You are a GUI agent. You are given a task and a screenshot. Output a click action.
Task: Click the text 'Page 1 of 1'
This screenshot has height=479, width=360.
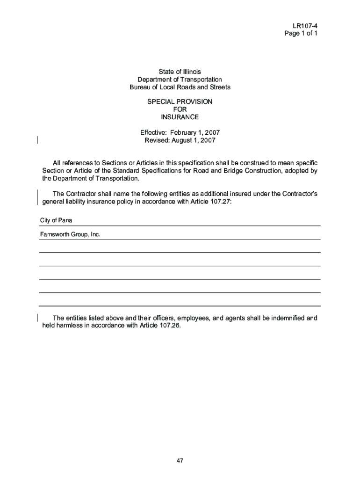pyautogui.click(x=302, y=33)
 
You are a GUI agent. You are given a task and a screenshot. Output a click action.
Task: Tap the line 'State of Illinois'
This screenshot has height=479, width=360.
pyautogui.click(x=180, y=72)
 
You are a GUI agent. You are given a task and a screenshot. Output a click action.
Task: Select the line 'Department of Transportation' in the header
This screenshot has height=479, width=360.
pyautogui.click(x=180, y=80)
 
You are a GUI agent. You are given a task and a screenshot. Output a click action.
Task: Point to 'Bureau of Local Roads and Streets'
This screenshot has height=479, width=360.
pyautogui.click(x=180, y=87)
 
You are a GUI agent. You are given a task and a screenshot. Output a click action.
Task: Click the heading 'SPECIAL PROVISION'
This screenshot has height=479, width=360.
pyautogui.click(x=180, y=102)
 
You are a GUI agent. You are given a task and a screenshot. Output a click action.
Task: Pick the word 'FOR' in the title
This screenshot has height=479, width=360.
pyautogui.click(x=180, y=109)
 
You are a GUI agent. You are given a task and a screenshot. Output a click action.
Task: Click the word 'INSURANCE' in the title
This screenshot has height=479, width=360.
pyautogui.click(x=180, y=117)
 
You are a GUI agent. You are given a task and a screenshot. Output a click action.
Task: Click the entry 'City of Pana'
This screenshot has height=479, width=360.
pyautogui.click(x=56, y=220)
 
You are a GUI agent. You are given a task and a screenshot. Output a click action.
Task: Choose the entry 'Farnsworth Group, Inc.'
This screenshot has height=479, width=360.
pyautogui.click(x=70, y=234)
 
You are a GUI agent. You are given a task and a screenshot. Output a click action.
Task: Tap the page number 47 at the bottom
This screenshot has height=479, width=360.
pyautogui.click(x=180, y=461)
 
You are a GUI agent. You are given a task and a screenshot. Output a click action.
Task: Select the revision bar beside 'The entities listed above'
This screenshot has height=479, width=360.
pyautogui.click(x=37, y=318)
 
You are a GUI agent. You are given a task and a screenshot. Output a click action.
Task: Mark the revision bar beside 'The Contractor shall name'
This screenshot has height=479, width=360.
pyautogui.click(x=37, y=197)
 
